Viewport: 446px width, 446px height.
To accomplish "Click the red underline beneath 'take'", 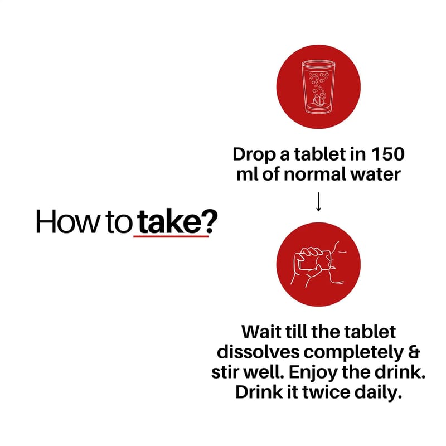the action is click(x=171, y=236).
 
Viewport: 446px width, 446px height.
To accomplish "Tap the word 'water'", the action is click(x=375, y=175).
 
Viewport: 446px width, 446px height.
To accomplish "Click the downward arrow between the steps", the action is click(x=318, y=202).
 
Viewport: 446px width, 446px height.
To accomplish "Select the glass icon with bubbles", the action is click(x=318, y=86).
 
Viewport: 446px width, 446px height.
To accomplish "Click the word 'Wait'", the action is click(x=261, y=332).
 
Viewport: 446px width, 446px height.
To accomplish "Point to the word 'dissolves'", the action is click(x=258, y=352).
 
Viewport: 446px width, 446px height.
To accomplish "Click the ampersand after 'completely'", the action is click(x=414, y=352).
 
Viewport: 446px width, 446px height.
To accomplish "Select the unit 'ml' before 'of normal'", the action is click(x=248, y=174).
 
